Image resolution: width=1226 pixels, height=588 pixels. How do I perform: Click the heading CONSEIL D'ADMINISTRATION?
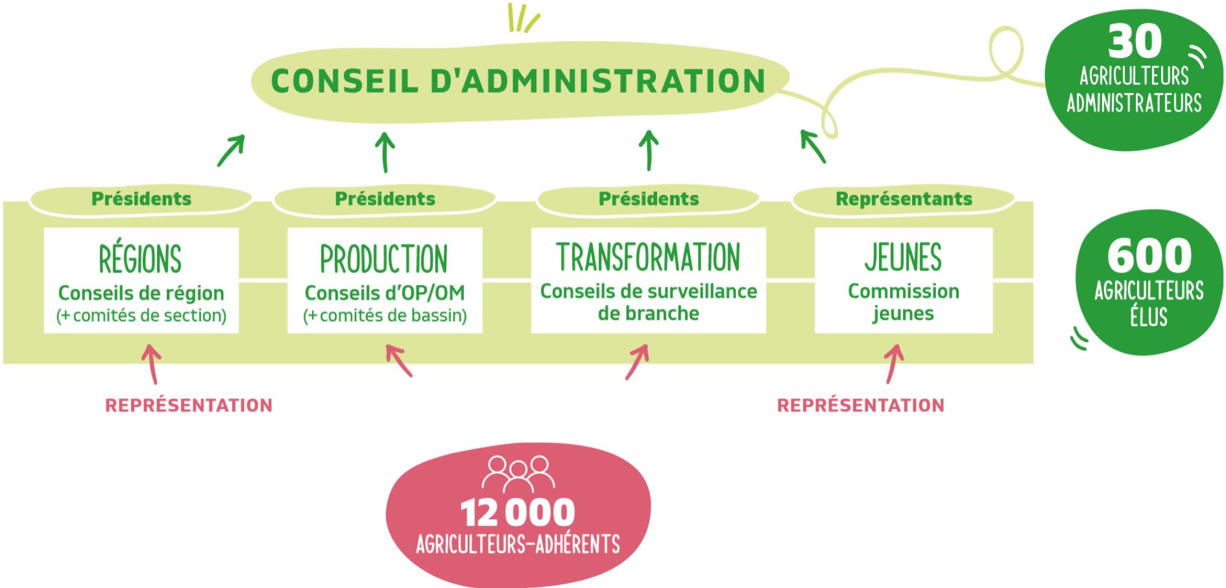pyautogui.click(x=519, y=81)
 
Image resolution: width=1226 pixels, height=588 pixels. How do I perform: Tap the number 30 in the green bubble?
pyautogui.click(x=1135, y=42)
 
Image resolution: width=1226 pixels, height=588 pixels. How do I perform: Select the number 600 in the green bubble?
pyautogui.click(x=1149, y=255)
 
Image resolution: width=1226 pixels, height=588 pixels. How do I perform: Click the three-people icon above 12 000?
pyautogui.click(x=519, y=473)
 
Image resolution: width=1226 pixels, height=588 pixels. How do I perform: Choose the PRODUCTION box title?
pyautogui.click(x=384, y=259)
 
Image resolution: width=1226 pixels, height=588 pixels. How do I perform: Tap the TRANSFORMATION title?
pyautogui.click(x=649, y=257)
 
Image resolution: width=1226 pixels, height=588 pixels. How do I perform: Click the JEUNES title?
pyautogui.click(x=904, y=257)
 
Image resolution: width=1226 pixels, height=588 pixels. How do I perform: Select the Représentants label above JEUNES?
pyautogui.click(x=904, y=198)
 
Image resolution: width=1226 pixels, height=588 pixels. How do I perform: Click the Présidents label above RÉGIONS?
pyautogui.click(x=142, y=198)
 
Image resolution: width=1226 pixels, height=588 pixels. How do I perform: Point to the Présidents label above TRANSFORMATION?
pyautogui.click(x=649, y=198)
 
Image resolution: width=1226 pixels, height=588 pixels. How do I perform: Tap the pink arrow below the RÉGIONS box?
pyautogui.click(x=153, y=364)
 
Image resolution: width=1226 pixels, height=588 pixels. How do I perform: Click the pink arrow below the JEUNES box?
pyautogui.click(x=894, y=364)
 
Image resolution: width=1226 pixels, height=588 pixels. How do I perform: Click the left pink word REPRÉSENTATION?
pyautogui.click(x=189, y=405)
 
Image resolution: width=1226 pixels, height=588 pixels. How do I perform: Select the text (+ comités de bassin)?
pyautogui.click(x=385, y=315)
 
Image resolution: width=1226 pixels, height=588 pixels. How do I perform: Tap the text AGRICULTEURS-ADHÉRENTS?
pyautogui.click(x=518, y=544)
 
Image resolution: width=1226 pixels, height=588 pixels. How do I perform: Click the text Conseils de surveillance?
pyautogui.click(x=649, y=291)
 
